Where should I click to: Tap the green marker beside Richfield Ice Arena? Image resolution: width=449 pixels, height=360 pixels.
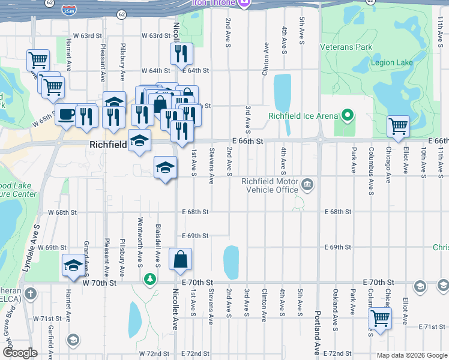(x=346, y=115)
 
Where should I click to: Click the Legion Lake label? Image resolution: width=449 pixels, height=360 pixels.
(x=391, y=62)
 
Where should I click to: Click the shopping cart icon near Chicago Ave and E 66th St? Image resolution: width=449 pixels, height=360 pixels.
(x=398, y=126)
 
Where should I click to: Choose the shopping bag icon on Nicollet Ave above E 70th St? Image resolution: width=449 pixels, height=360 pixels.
(x=180, y=259)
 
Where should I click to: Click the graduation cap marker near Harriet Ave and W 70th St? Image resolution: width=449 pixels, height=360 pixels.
(x=73, y=265)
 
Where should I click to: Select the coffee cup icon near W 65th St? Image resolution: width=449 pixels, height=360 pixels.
(x=66, y=114)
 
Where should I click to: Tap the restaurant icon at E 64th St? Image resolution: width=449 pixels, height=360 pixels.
(x=181, y=54)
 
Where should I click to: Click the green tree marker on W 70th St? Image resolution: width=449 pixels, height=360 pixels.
(x=149, y=278)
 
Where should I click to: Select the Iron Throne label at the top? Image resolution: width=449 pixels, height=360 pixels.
(x=214, y=3)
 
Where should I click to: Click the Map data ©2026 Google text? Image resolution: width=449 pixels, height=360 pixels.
(x=411, y=355)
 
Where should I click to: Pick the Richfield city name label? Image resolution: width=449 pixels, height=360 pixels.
(x=108, y=145)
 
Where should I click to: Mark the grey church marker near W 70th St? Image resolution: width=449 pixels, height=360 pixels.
(x=31, y=294)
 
